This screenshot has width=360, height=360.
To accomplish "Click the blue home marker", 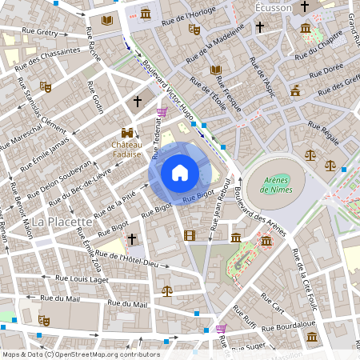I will coord(180,172).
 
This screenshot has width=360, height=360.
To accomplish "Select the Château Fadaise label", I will coord(126,150).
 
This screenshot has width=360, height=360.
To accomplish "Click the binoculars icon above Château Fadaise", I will coord(126,133).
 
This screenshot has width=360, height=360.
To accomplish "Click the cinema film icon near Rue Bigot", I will coord(189,235).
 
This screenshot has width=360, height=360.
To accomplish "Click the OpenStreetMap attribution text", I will coord(80,354).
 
